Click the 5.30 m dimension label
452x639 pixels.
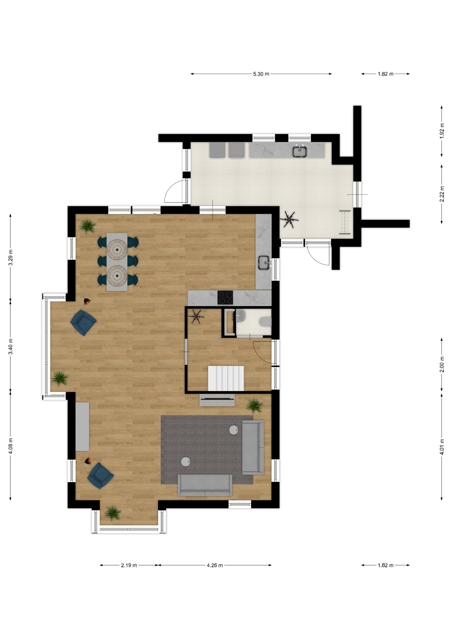pos(261,74)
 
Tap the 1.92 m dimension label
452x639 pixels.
pos(442,131)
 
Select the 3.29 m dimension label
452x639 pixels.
pos(11,257)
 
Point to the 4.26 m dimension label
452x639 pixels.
pos(215,565)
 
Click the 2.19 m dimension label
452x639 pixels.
pos(129,565)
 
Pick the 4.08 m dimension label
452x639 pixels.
pos(11,445)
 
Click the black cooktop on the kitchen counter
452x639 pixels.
pos(225,298)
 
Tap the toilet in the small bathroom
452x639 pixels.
pos(266,322)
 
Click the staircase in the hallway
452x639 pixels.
pos(226,378)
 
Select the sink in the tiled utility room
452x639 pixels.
pos(300,151)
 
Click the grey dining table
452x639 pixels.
pos(117,262)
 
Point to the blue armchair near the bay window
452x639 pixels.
pos(84,322)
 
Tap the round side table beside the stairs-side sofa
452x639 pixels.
pos(234,430)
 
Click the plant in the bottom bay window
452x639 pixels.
pos(113,513)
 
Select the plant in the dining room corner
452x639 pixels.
pos(88,226)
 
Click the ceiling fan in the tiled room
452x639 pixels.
pos(289,220)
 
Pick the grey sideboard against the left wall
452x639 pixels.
pos(82,426)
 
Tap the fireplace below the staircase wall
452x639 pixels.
pos(217,400)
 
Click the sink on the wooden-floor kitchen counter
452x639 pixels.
pos(265,263)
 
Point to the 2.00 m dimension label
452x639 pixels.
pos(442,364)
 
